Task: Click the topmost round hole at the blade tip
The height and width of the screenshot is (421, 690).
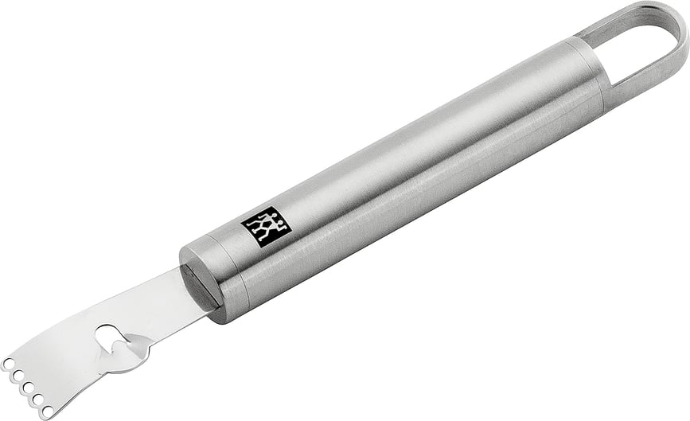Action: [7, 363]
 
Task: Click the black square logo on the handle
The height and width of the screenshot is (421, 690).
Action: [266, 227]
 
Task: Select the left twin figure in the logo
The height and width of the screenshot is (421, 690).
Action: [259, 228]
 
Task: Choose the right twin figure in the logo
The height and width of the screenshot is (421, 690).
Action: [272, 224]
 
